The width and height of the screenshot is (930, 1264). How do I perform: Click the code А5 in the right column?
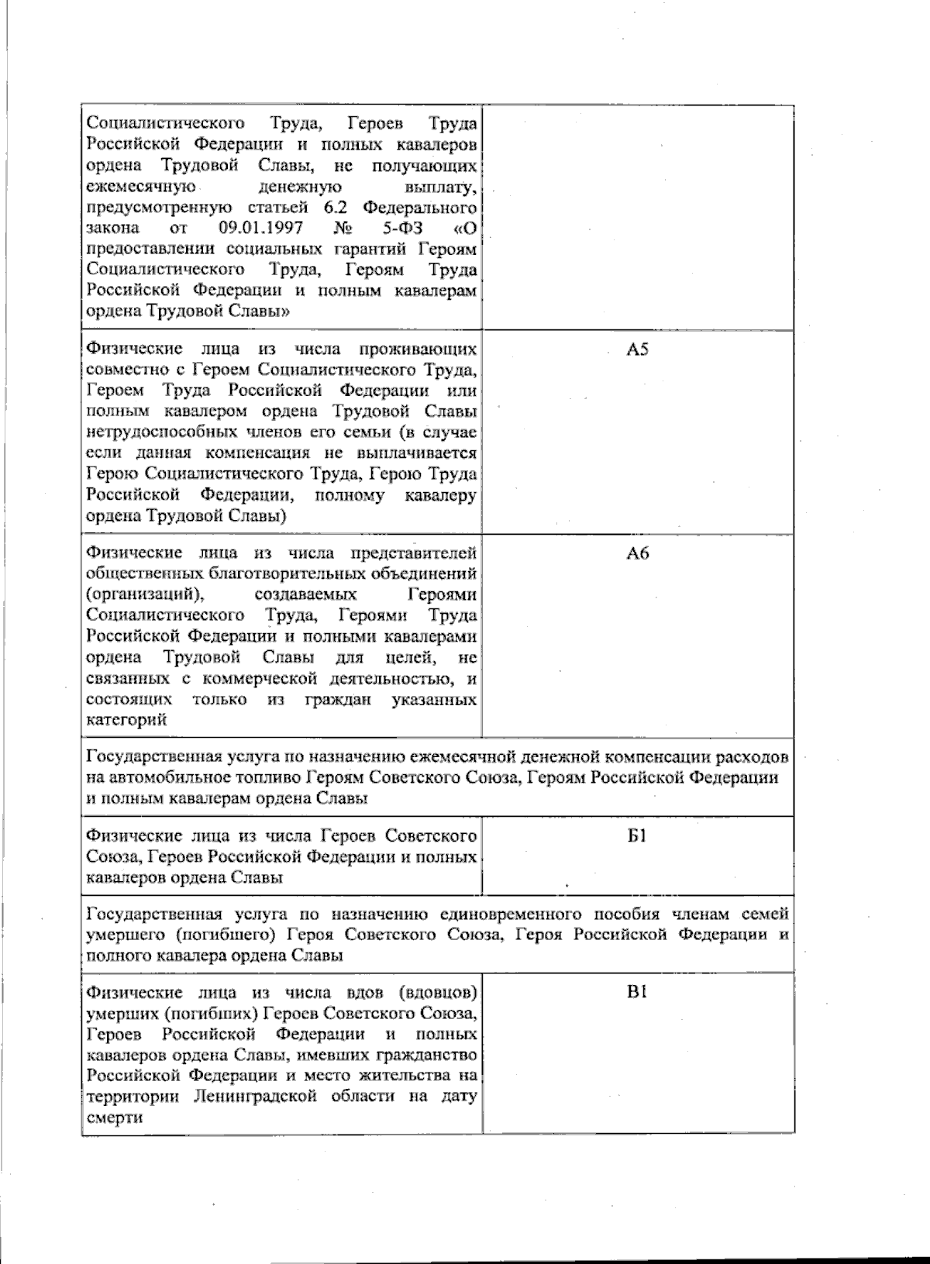[637, 350]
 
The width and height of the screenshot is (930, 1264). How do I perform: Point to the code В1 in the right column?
[637, 993]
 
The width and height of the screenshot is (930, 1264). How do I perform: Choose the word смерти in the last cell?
[115, 1118]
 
